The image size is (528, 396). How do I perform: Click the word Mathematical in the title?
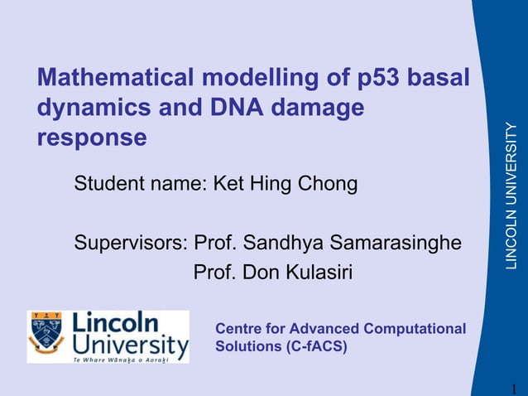coord(113,79)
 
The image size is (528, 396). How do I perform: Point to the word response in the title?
coord(92,138)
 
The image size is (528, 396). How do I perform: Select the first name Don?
coord(257,273)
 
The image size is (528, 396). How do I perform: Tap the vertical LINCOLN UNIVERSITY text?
coord(511,196)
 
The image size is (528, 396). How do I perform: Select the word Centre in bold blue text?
coord(238,329)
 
